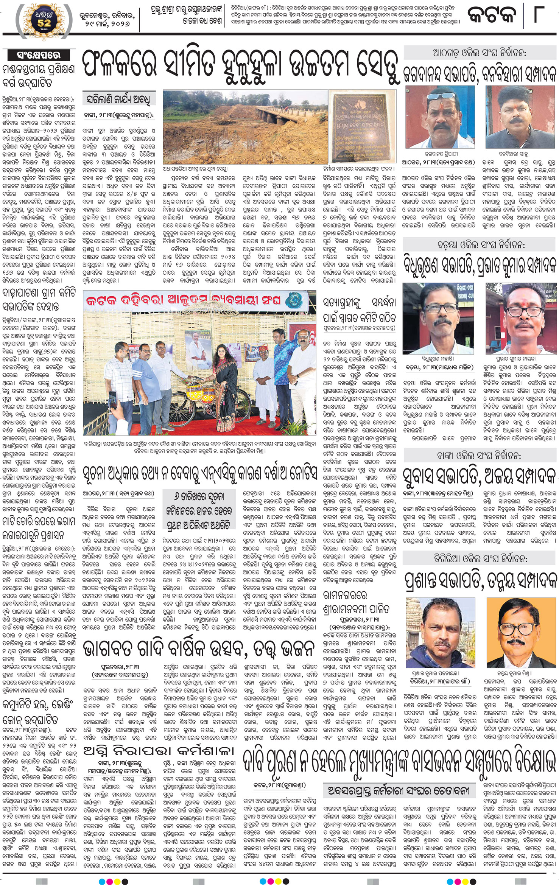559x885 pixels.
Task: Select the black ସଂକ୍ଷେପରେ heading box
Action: click(x=39, y=55)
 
